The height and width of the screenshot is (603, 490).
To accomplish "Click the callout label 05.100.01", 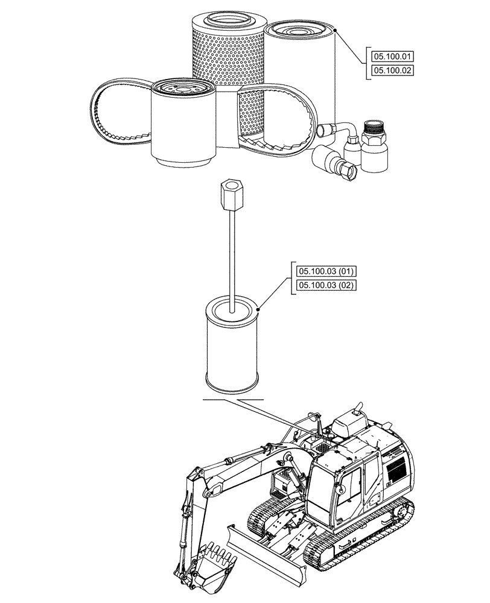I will coord(393,56).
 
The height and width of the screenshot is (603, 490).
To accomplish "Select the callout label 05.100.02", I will coord(393,71).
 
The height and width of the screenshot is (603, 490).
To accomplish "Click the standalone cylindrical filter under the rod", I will coord(232,347).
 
